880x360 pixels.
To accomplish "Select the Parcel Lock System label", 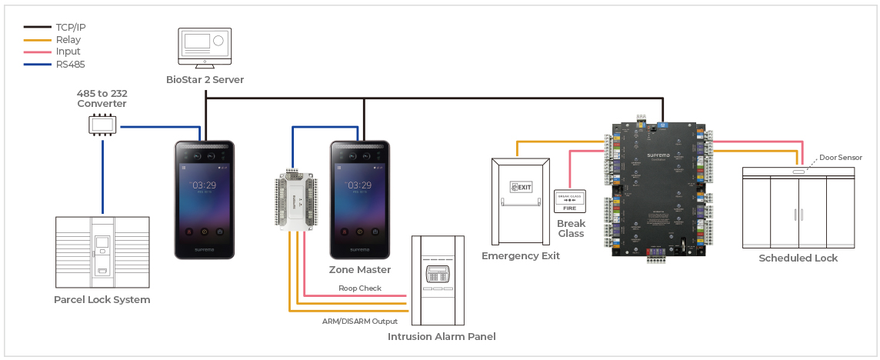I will pos(102,300).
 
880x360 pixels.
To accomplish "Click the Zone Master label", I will pos(360,270).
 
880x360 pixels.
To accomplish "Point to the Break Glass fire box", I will pos(570,202).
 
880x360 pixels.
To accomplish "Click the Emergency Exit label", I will pos(521,256).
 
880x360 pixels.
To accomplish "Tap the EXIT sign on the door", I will pos(521,187).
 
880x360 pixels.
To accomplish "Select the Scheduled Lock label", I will pos(798,258).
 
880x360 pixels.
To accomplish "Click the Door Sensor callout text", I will pos(840,158).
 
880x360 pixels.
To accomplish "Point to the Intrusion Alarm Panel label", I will pos(441,336).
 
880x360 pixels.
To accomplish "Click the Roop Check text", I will pos(360,288).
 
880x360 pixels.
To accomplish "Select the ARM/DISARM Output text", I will pos(359,321).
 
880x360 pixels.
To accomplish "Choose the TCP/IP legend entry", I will pos(70,28).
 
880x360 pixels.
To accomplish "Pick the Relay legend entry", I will pos(68,40).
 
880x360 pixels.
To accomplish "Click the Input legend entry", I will pos(68,52).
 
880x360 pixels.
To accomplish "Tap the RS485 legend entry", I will pos(70,65).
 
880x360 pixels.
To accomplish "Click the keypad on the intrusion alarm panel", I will pos(437,275).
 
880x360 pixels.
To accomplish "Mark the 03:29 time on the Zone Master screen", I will pos(360,185).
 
